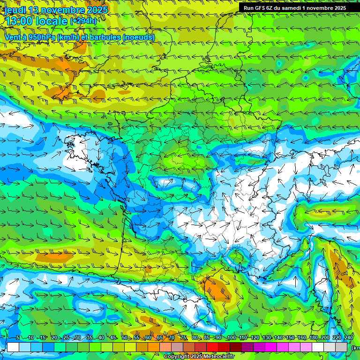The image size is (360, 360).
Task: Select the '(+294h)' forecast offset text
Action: [83, 21]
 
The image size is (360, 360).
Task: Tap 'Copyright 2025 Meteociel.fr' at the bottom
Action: [199, 357]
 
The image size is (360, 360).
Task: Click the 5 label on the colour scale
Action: [18, 338]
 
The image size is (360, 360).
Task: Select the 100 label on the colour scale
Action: [231, 338]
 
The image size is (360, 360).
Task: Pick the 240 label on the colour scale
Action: [348, 338]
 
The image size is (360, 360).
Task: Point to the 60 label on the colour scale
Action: [148, 338]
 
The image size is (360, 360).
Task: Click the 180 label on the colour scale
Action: [312, 338]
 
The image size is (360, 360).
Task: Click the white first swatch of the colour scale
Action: [13, 347]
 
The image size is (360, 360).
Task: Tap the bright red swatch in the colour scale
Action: [212, 347]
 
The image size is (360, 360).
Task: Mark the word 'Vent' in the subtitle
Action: [13, 37]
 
